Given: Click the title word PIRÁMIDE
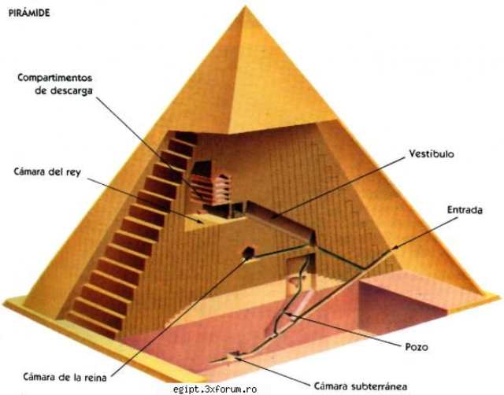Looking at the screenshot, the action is pos(29,13).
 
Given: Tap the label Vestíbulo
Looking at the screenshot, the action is pos(432,153).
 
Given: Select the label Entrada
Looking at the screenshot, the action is pos(465,210).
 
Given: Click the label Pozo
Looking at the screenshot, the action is pos(417,347).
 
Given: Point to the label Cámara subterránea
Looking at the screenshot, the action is pos(361,386).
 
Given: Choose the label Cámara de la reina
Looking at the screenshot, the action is pos(65,377).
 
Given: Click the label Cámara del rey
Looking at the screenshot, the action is pos(47,172).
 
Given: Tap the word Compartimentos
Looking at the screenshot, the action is pos(55,78).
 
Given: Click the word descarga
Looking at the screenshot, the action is pos(72,91).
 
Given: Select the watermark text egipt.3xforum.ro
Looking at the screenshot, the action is pos(215,389).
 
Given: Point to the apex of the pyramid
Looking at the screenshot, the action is pos(246,6).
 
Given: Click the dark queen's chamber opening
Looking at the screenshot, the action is pos(248,253).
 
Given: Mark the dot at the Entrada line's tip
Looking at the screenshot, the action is pos(396,247).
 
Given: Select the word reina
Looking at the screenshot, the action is pos(94,377).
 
